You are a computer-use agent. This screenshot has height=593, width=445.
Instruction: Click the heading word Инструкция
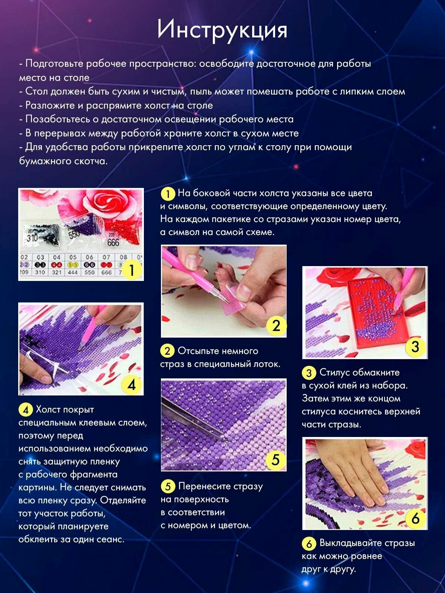pyautogui.click(x=222, y=30)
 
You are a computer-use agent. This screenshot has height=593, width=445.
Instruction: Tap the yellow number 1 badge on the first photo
pyautogui.click(x=132, y=269)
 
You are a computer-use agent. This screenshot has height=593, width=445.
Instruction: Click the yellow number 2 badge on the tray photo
pyautogui.click(x=276, y=326)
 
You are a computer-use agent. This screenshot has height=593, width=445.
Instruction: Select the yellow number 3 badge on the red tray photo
pyautogui.click(x=415, y=347)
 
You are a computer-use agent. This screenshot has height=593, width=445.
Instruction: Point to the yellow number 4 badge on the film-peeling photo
pyautogui.click(x=131, y=385)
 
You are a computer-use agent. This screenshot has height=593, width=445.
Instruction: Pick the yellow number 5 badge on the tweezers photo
pyautogui.click(x=275, y=460)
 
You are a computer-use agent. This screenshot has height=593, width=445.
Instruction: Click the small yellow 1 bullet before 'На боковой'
pyautogui.click(x=168, y=194)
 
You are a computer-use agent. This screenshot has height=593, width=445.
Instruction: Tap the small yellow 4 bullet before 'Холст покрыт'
pyautogui.click(x=26, y=410)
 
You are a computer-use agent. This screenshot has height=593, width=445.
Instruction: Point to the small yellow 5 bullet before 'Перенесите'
pyautogui.click(x=168, y=487)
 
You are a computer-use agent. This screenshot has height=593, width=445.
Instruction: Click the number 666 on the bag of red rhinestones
pyautogui.click(x=113, y=242)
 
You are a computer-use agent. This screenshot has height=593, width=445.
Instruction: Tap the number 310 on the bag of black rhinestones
pyautogui.click(x=32, y=238)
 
